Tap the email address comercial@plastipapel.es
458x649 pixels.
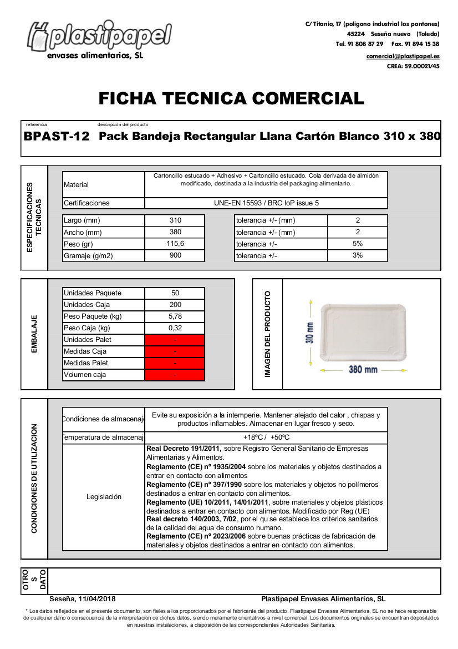click(403, 56)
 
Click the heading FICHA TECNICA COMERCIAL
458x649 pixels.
click(231, 99)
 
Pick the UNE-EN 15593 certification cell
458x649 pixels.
click(266, 203)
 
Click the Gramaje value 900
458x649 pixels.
click(175, 255)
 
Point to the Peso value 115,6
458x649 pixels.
click(175, 244)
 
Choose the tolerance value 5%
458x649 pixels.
click(358, 244)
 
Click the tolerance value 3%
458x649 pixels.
click(358, 255)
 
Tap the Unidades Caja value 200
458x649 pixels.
click(175, 305)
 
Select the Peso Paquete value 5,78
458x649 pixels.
click(175, 316)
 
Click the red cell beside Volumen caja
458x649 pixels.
click(175, 375)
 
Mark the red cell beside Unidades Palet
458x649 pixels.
click(175, 340)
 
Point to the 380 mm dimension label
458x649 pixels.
click(363, 370)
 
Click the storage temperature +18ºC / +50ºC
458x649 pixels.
click(266, 437)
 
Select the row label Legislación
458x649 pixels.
click(104, 497)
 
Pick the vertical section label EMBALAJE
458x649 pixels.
click(34, 334)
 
